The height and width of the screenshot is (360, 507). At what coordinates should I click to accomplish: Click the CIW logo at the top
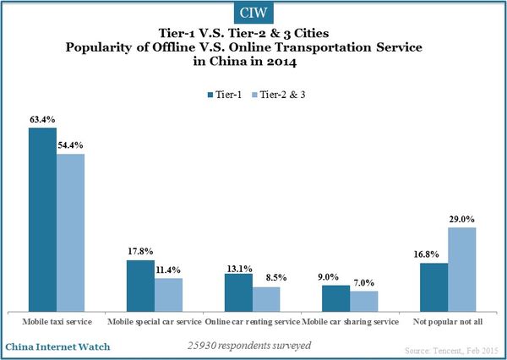[x=253, y=14]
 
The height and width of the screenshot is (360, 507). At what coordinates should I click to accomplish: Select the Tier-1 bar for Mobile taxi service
[x=42, y=220]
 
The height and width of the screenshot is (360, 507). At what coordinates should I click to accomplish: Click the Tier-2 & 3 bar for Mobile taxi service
[x=71, y=232]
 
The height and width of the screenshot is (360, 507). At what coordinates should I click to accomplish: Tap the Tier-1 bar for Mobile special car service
[x=140, y=286]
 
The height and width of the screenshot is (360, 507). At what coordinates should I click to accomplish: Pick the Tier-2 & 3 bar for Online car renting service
[x=266, y=299]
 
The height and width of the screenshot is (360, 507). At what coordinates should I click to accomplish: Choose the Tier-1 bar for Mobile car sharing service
[x=336, y=298]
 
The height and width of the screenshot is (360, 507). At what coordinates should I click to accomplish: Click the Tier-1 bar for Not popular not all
[x=433, y=287]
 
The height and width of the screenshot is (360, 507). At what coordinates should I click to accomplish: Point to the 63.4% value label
[x=42, y=121]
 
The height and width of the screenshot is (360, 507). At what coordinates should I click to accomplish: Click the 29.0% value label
[x=462, y=220]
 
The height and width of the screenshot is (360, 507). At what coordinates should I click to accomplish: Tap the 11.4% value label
[x=169, y=270]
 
